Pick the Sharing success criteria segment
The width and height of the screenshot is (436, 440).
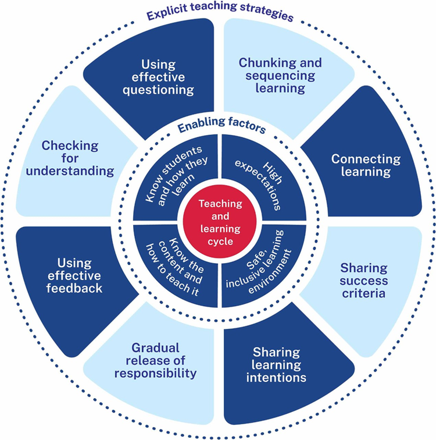[363, 281]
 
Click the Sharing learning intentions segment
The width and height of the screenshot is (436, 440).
[276, 365]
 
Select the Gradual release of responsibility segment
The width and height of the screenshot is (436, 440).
[155, 361]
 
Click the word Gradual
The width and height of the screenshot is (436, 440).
[155, 348]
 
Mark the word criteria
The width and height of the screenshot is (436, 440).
[363, 293]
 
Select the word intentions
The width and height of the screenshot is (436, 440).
[277, 378]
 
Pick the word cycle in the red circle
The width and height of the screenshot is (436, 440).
[219, 241]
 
